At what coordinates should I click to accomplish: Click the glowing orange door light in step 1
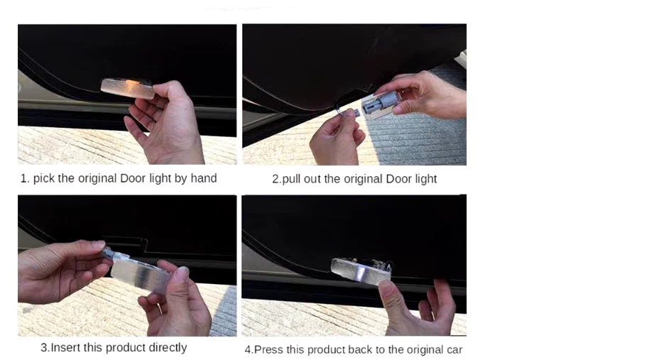pyautogui.click(x=128, y=88)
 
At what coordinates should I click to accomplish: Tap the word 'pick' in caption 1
pyautogui.click(x=44, y=178)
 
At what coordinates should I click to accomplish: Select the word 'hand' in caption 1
pyautogui.click(x=204, y=178)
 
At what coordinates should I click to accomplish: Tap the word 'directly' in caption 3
pyautogui.click(x=166, y=348)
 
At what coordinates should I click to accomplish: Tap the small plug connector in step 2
pyautogui.click(x=354, y=112)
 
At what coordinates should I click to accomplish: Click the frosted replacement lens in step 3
pyautogui.click(x=141, y=271)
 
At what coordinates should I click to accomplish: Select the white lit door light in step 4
pyautogui.click(x=360, y=271)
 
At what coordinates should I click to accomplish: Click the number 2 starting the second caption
pyautogui.click(x=276, y=180)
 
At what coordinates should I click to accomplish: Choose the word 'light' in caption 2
pyautogui.click(x=426, y=180)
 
